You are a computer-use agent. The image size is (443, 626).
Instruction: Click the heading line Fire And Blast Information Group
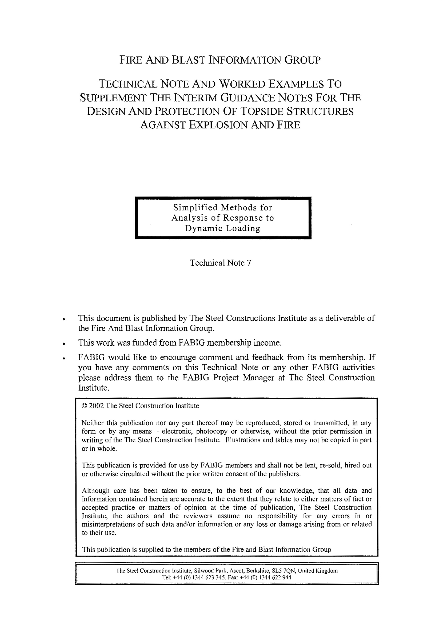click(220, 60)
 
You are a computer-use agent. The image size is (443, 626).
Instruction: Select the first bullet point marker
click(64, 320)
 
